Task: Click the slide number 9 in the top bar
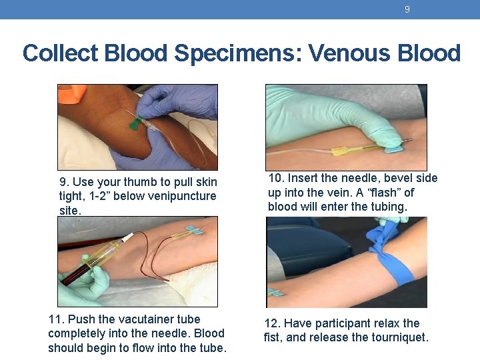[x=407, y=9]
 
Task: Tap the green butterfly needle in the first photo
[x=135, y=122]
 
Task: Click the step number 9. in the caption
[x=64, y=182]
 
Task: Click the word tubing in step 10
[x=389, y=207]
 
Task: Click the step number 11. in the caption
[x=57, y=319]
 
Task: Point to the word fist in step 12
[x=271, y=337]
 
